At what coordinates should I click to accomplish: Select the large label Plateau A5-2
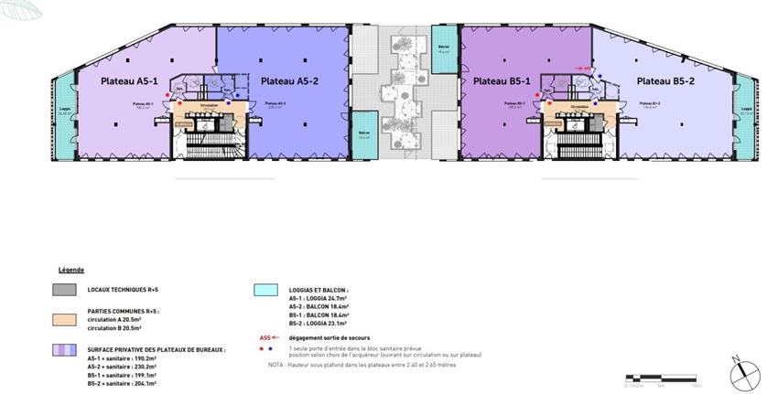pos(291,81)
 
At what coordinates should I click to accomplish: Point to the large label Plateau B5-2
pos(665,81)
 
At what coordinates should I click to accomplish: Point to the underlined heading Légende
pos(70,271)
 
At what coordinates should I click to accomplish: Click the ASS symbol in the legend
pos(265,336)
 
